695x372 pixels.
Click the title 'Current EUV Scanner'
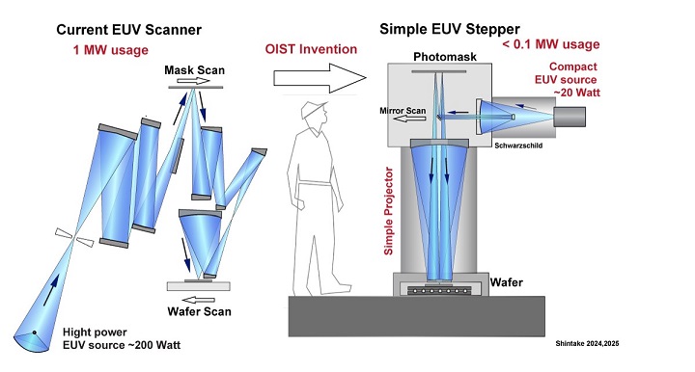[128, 30]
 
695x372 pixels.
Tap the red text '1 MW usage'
[111, 49]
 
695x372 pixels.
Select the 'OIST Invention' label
[311, 48]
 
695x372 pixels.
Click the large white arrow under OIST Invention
[320, 78]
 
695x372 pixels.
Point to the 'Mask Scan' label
[195, 70]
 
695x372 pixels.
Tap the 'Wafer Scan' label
[200, 311]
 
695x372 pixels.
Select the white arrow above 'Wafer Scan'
[199, 300]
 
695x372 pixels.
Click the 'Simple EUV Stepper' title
[450, 29]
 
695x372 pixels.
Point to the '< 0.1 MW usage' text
[551, 44]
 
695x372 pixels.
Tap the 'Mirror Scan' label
[403, 111]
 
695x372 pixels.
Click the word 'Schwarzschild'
[518, 146]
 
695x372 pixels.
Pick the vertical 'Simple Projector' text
[388, 211]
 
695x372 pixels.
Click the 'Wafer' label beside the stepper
[506, 282]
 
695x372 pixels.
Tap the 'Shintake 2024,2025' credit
[587, 343]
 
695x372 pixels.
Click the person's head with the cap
[315, 113]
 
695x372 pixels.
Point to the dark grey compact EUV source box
[570, 117]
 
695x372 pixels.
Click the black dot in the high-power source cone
[34, 332]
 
